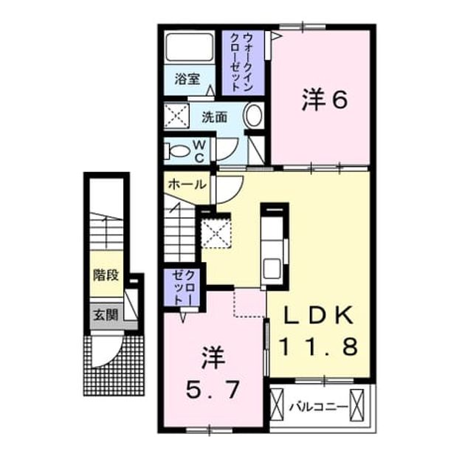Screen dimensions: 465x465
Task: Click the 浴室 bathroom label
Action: click(187, 79)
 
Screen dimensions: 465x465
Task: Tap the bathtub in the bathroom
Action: click(190, 47)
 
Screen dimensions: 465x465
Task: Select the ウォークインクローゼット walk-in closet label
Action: click(242, 62)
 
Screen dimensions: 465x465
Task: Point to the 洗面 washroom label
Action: click(215, 117)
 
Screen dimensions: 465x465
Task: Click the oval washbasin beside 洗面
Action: click(253, 115)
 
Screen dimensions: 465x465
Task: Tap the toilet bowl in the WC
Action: click(176, 151)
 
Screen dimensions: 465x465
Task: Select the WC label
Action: click(199, 151)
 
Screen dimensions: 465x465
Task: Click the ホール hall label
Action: click(187, 185)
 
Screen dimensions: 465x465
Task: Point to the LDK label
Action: click(319, 315)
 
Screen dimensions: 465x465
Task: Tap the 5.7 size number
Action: click(213, 390)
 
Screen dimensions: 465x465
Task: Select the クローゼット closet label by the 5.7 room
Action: click(183, 287)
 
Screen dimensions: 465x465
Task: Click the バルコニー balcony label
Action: click(319, 407)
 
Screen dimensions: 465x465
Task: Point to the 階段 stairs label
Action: click(106, 275)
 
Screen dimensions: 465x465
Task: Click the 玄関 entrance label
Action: click(106, 314)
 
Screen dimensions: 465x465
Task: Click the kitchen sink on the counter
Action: click(272, 267)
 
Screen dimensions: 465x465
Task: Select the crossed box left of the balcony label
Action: click(277, 405)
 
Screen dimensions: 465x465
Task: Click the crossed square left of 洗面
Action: click(176, 116)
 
